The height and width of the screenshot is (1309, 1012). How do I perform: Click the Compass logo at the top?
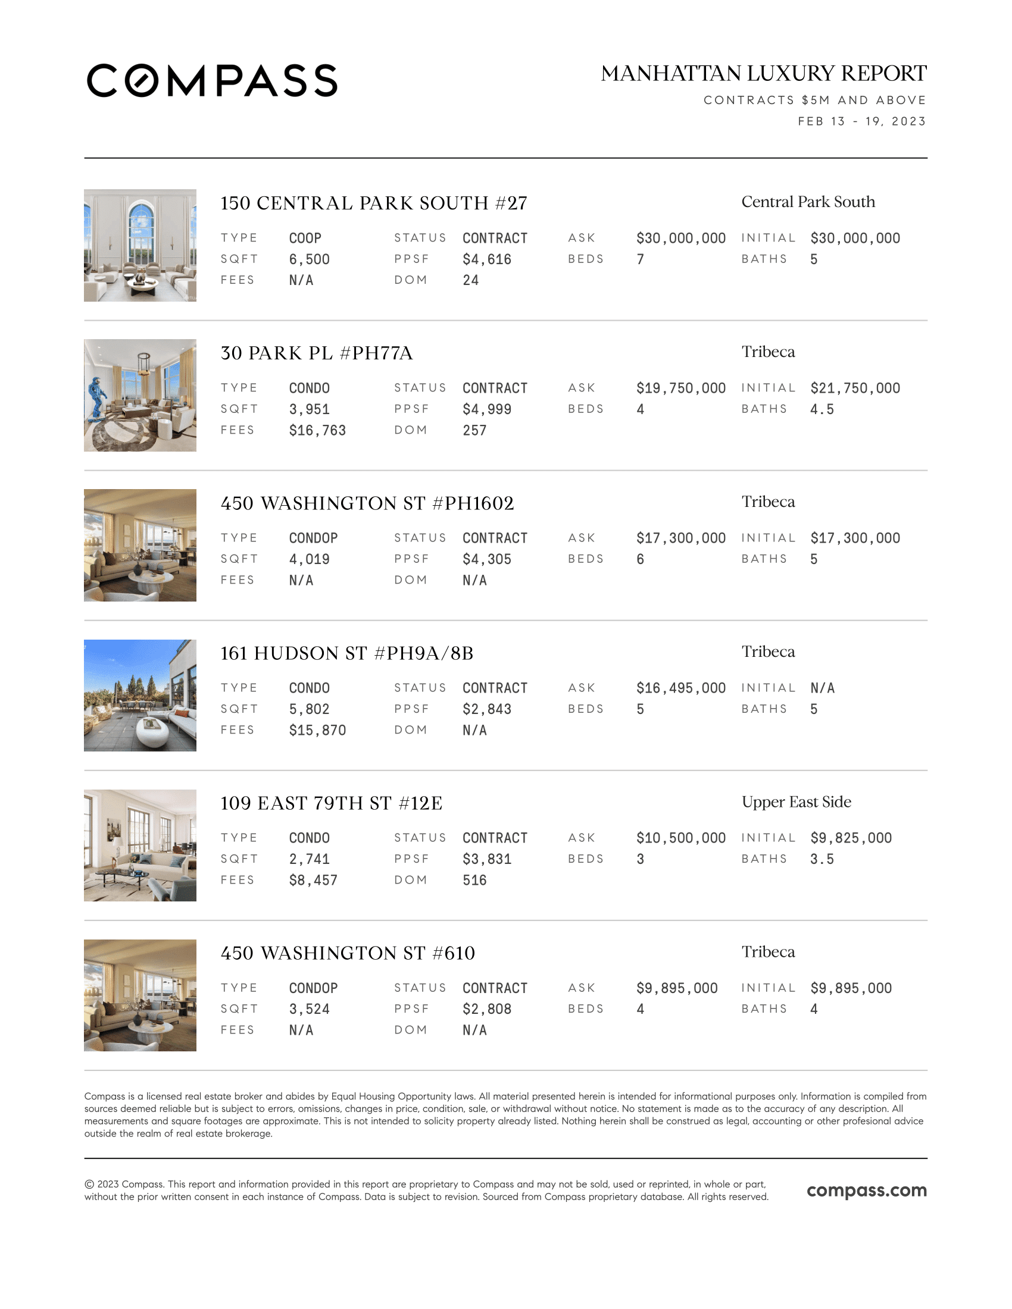pos(212,80)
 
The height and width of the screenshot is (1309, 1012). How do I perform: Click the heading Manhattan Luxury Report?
pos(763,74)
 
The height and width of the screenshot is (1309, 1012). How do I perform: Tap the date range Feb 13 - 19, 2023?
pos(861,121)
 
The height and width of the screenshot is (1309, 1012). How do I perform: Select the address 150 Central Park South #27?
pos(373,203)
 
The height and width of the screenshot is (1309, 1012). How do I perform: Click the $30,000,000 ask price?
pos(680,239)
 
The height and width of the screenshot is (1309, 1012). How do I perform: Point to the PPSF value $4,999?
pos(487,409)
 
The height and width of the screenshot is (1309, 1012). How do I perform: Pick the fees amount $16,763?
pos(317,430)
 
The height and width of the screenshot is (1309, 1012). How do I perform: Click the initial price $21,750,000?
pos(855,389)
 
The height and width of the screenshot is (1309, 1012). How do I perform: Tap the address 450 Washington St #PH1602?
pos(367,503)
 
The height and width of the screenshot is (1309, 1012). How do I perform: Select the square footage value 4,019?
pos(309,559)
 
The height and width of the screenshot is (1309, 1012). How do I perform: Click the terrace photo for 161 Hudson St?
pos(140,695)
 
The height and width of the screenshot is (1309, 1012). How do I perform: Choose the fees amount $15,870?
pos(317,730)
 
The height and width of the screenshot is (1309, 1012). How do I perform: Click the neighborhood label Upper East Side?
pos(796,802)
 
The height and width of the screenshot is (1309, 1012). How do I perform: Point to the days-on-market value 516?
pos(474,880)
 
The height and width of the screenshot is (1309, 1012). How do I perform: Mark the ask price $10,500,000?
pos(680,838)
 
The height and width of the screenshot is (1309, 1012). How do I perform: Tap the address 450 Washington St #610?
pos(348,953)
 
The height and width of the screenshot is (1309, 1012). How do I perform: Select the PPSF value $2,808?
pos(487,1009)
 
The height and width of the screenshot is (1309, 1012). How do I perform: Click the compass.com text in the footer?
pos(866,1191)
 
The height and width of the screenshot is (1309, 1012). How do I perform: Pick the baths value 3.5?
pos(822,859)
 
